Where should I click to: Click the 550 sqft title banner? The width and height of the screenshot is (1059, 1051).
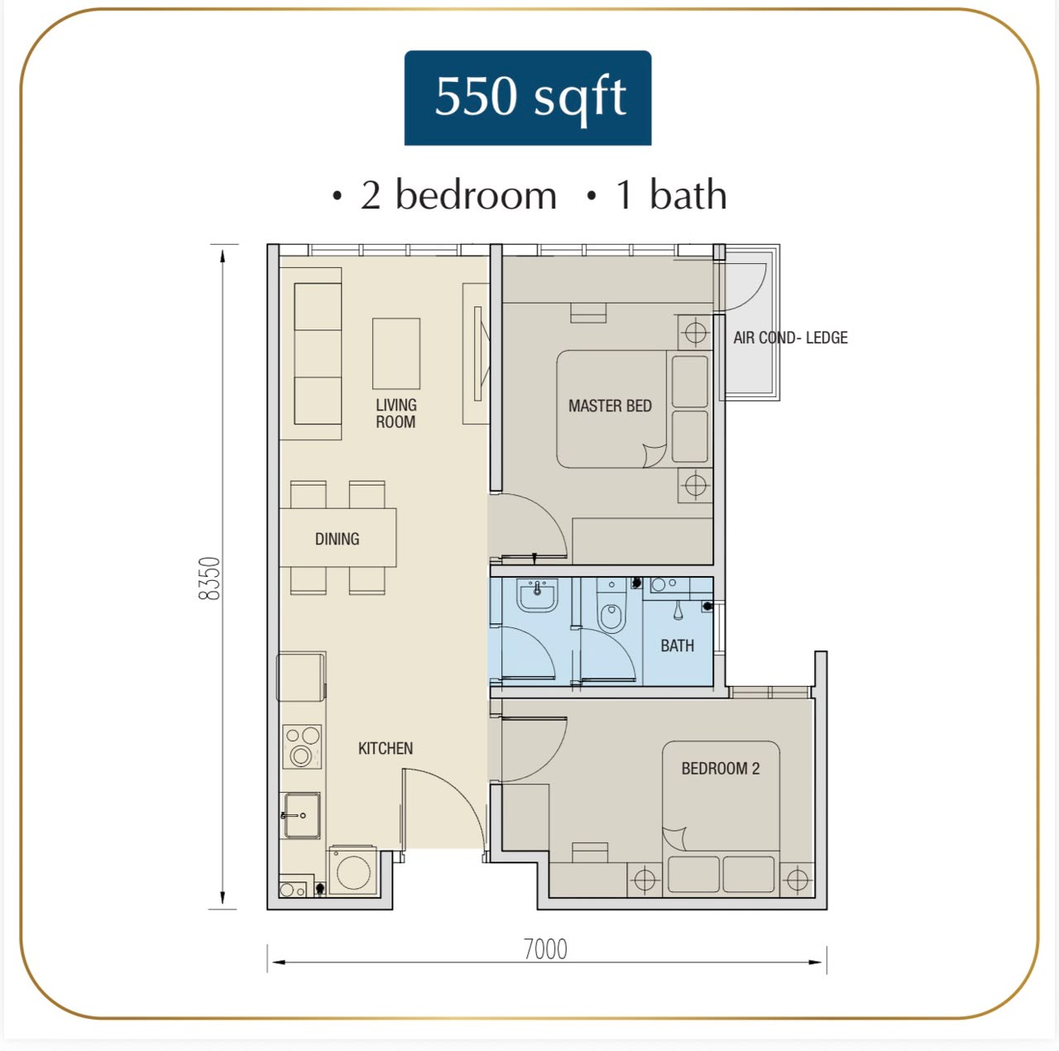click(528, 98)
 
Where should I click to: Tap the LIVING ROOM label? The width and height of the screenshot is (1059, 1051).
click(395, 413)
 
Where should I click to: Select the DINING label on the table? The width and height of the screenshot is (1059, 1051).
click(337, 539)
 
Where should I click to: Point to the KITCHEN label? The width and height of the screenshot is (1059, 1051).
click(386, 748)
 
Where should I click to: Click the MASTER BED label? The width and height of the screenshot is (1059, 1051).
click(610, 406)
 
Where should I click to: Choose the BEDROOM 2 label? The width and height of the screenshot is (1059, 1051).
click(721, 768)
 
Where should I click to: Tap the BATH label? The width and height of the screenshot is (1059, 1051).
click(677, 645)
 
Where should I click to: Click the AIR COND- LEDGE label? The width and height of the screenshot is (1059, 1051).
click(790, 337)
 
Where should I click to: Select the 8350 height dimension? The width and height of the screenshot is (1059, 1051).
click(209, 578)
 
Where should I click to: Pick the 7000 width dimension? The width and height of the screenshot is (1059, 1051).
click(545, 948)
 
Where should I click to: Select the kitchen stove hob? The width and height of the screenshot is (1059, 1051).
click(302, 746)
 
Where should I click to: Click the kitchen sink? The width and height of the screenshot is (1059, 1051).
click(300, 815)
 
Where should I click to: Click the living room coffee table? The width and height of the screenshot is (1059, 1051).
click(396, 353)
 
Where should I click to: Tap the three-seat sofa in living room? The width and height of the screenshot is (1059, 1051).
click(318, 353)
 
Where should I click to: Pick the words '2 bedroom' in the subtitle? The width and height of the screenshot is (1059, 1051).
click(458, 195)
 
